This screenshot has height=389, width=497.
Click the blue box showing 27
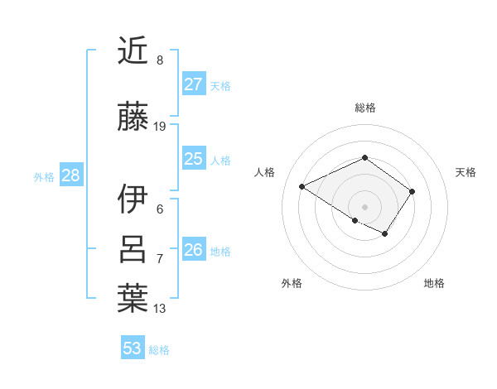coord(194,84)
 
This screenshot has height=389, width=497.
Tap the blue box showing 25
coord(194,159)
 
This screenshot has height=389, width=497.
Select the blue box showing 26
coord(194,250)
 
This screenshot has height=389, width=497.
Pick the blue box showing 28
coord(70,175)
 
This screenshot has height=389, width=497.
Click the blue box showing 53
coord(133,348)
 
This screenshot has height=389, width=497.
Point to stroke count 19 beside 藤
coord(160,127)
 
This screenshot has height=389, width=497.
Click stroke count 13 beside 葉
coord(160,309)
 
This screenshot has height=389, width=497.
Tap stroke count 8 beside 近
coord(160,60)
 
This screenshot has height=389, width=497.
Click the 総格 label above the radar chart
coord(364,108)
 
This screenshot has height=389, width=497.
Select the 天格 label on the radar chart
coord(466,172)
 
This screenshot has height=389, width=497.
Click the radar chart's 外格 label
coord(292,283)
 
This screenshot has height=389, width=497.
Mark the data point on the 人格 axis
coord(302,187)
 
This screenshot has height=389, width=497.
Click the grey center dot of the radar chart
coord(364,206)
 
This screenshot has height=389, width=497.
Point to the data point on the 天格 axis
coord(412,191)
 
